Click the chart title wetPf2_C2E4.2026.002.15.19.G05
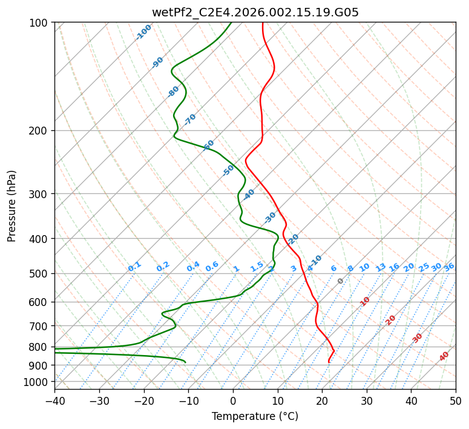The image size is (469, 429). [x=255, y=12]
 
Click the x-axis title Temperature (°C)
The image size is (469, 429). [x=255, y=416]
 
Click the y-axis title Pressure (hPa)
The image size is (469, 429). [x=12, y=205]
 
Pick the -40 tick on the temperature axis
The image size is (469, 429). [x=54, y=401]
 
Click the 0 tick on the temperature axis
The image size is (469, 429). [x=233, y=401]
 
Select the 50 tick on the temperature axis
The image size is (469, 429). [x=456, y=401]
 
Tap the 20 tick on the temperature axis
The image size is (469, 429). [x=322, y=401]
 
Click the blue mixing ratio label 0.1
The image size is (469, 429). [x=134, y=266]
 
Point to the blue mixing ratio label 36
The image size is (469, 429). [x=449, y=267]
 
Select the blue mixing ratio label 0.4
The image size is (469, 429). [x=193, y=267]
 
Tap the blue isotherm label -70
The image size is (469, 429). [x=190, y=119]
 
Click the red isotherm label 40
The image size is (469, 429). [x=444, y=356]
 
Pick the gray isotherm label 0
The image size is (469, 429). [x=341, y=281]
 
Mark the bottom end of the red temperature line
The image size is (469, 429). [x=329, y=362]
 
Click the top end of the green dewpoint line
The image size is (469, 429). [x=231, y=23]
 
